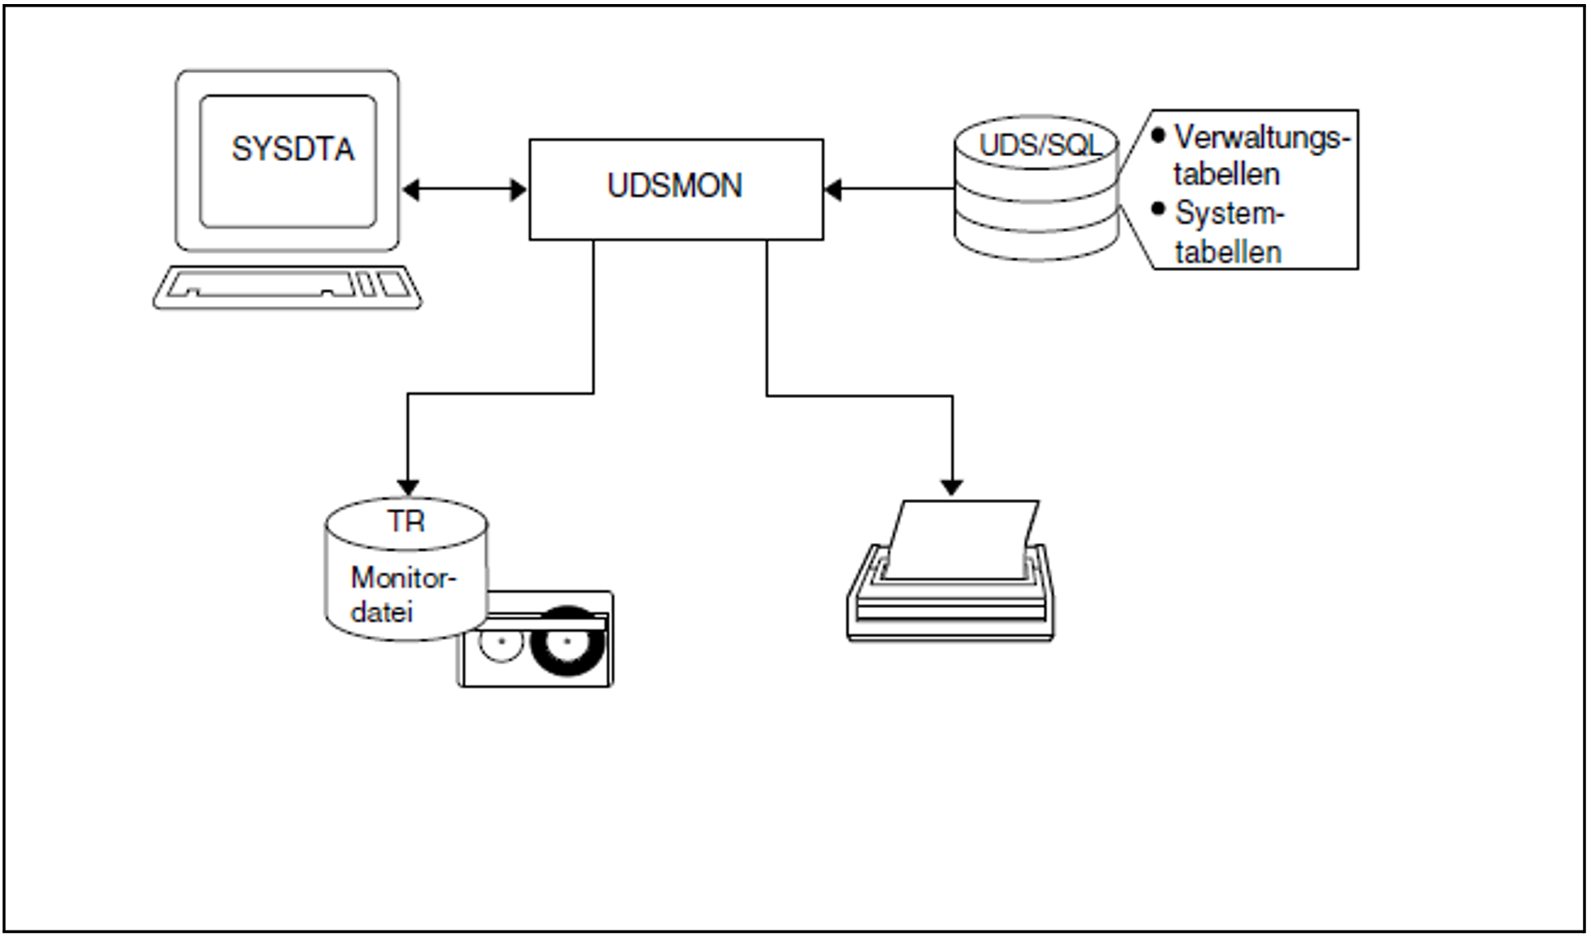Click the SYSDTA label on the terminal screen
click(293, 150)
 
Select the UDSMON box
click(675, 188)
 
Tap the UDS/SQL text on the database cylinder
click(1038, 146)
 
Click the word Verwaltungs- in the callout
click(1261, 138)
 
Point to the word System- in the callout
click(1229, 213)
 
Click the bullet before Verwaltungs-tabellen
click(1159, 135)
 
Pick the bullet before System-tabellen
click(1159, 209)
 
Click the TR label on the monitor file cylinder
click(405, 521)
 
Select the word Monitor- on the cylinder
click(403, 578)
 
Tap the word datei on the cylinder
click(382, 612)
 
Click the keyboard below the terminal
click(287, 287)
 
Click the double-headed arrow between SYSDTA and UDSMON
click(464, 190)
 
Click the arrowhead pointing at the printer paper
click(952, 487)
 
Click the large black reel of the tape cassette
click(568, 641)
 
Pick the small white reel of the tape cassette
click(501, 642)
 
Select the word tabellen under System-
click(1227, 252)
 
